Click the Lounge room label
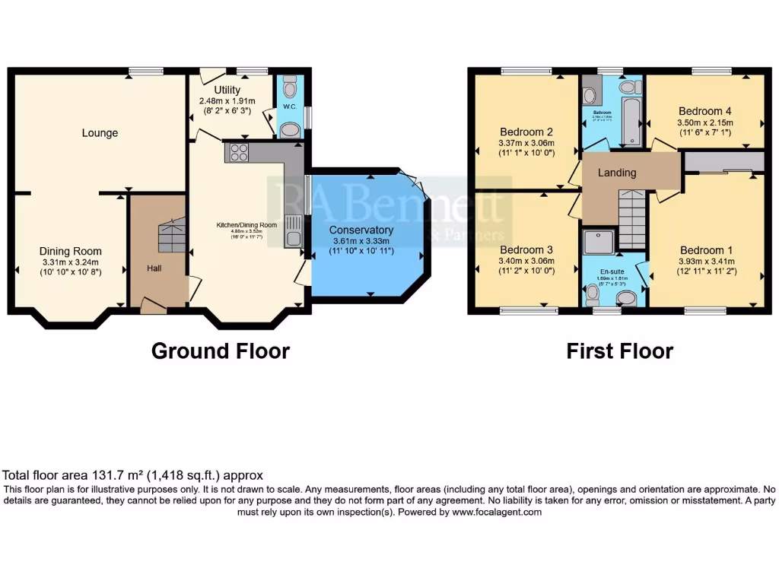(x=100, y=133)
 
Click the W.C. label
(x=290, y=107)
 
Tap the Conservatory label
(x=361, y=230)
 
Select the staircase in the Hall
(x=171, y=236)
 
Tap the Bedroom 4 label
(x=704, y=109)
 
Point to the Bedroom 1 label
(x=707, y=250)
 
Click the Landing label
(x=617, y=173)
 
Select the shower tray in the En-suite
(x=598, y=242)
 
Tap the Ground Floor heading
(x=221, y=351)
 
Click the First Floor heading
(x=619, y=351)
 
